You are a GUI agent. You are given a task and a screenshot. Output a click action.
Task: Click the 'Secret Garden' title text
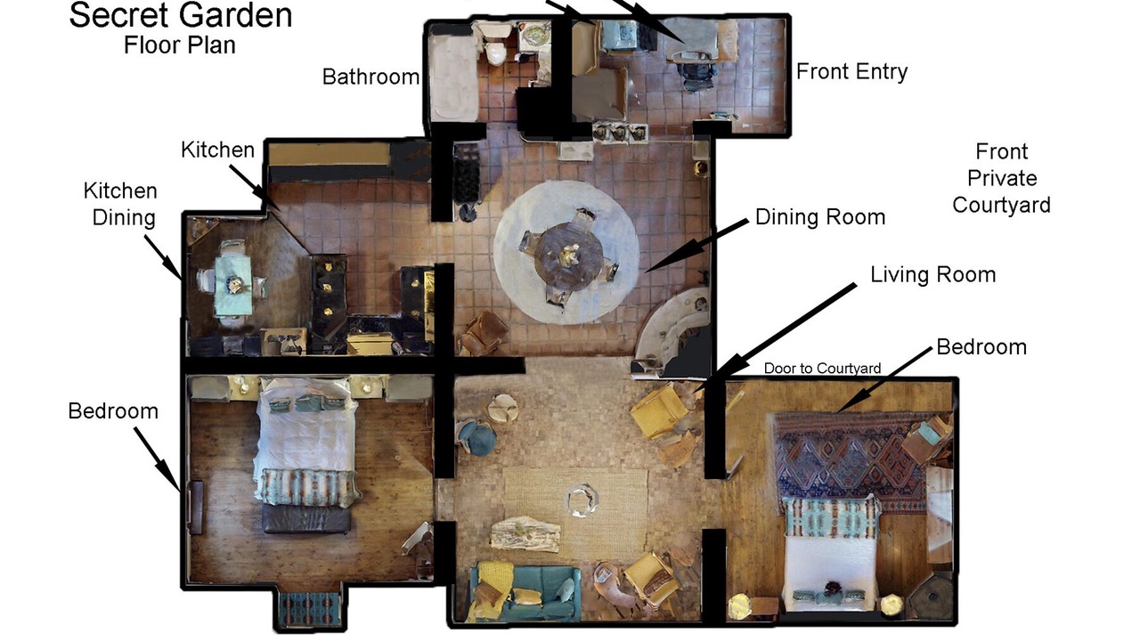[x=181, y=15]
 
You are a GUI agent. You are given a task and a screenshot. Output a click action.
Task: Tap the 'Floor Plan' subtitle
[x=180, y=45]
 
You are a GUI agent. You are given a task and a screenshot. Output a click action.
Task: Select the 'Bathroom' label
[x=370, y=77]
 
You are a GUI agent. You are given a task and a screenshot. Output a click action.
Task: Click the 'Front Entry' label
[x=851, y=71]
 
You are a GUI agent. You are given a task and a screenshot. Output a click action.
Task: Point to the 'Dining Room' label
[x=820, y=217]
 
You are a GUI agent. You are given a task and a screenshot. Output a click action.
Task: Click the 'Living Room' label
[x=932, y=275]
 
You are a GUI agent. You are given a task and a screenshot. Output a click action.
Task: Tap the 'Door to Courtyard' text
[x=822, y=369]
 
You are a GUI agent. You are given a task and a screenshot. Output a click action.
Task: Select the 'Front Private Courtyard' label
[x=1002, y=178]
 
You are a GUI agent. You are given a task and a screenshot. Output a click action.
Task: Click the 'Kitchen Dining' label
[x=121, y=204]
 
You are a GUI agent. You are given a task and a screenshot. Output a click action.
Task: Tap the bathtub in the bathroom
[x=454, y=77]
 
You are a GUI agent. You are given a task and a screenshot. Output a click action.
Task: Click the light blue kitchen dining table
[x=233, y=285]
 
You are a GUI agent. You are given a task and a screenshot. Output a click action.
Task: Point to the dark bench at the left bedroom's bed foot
[x=306, y=518]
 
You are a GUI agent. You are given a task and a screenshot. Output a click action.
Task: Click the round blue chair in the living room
[x=476, y=437]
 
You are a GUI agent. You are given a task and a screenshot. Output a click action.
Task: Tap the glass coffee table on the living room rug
[x=582, y=500]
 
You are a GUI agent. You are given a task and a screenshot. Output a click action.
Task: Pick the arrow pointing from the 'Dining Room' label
[x=696, y=247]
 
